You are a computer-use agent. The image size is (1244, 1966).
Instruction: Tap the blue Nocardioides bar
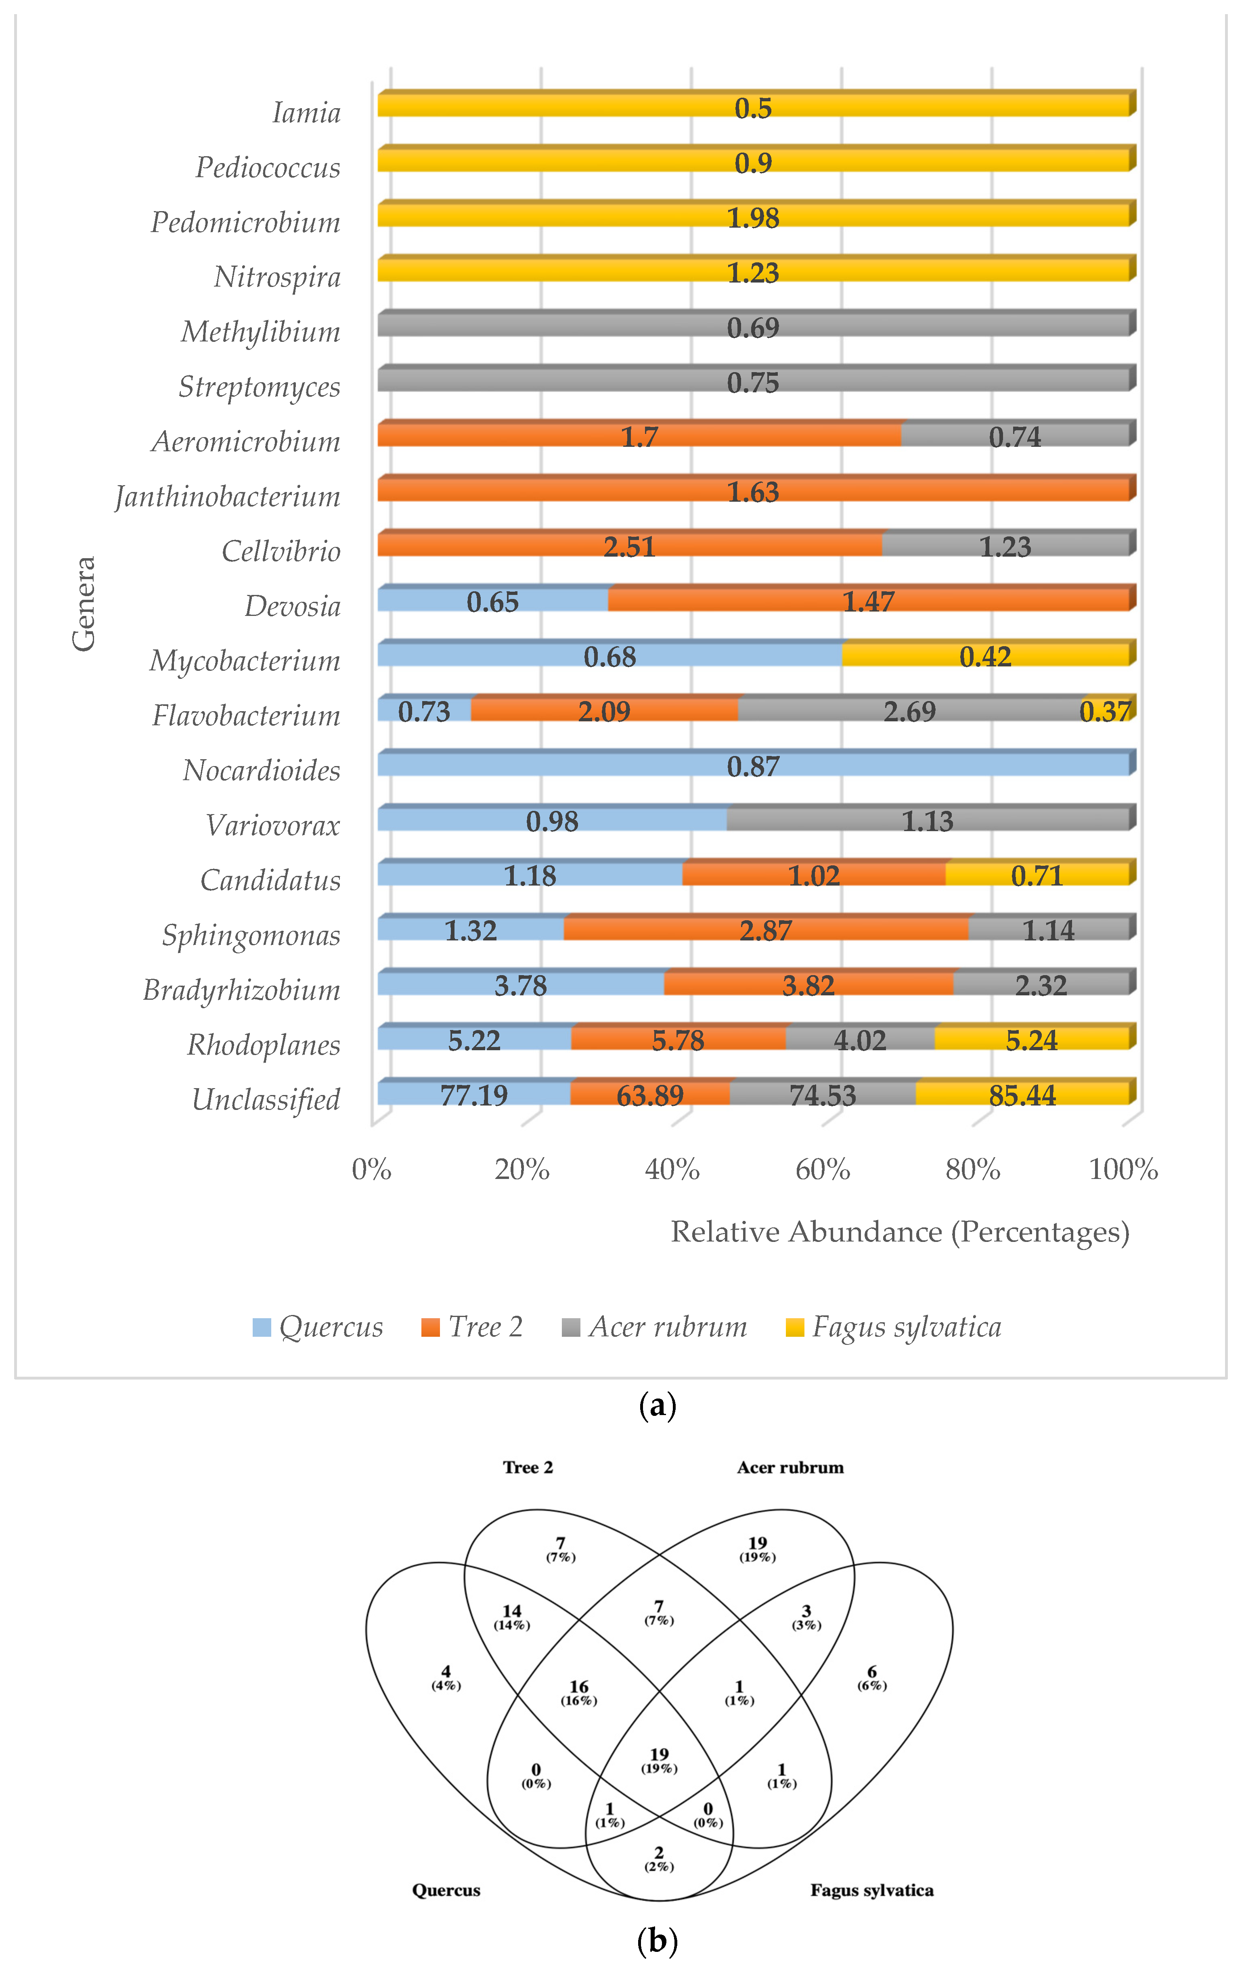(x=753, y=765)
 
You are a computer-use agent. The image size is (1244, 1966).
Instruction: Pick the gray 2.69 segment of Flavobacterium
(x=909, y=710)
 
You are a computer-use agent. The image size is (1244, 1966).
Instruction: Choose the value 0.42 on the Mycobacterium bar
(x=985, y=655)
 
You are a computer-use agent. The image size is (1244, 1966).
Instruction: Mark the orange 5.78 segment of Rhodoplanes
(x=678, y=1039)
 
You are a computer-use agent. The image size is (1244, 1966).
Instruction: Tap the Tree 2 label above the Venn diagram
(x=527, y=1467)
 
